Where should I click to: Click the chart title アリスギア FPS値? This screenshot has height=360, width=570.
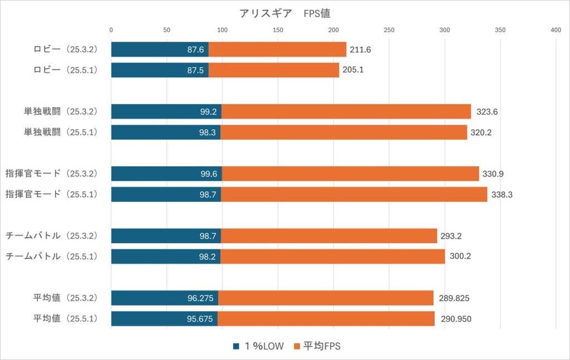[284, 13]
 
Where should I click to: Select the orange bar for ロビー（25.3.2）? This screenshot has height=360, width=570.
[277, 50]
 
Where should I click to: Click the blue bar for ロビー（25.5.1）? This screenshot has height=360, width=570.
[160, 70]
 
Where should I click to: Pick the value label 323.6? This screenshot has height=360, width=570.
[487, 112]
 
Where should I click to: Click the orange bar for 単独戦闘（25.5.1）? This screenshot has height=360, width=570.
[343, 132]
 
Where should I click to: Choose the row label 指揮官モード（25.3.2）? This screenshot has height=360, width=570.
[51, 174]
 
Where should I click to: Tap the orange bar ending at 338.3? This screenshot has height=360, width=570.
[354, 195]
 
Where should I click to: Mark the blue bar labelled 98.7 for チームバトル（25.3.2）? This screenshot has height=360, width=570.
[166, 236]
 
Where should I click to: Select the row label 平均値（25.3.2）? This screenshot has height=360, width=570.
[65, 298]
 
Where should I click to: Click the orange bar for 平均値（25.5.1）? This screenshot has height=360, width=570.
[326, 319]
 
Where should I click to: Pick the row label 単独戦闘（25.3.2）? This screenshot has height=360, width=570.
[61, 111]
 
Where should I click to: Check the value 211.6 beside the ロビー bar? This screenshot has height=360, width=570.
[360, 50]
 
